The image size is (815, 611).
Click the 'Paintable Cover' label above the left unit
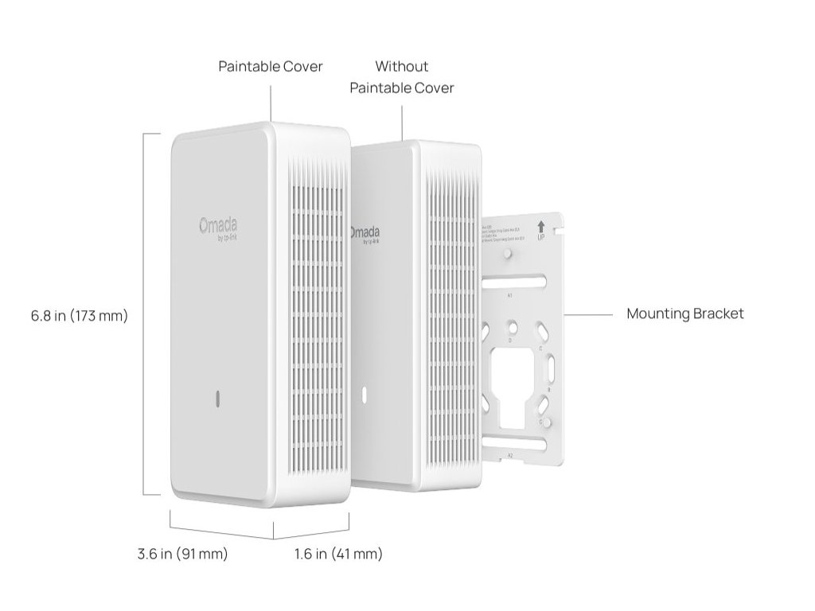(x=271, y=66)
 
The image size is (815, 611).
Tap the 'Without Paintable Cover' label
(x=402, y=77)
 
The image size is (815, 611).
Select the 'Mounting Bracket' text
(x=684, y=313)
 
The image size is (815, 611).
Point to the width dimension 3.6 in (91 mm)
(x=182, y=555)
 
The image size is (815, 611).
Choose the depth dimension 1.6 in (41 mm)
(x=338, y=555)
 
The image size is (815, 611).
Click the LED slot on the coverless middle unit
(x=364, y=394)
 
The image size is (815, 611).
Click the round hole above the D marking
(x=513, y=327)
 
